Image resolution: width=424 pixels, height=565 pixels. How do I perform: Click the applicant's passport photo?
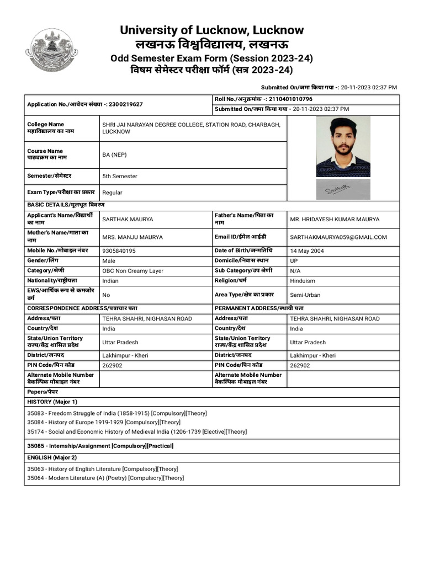click(x=343, y=147)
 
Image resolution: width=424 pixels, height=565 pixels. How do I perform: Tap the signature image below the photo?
click(x=343, y=189)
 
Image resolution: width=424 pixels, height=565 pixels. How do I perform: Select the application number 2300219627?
click(x=126, y=104)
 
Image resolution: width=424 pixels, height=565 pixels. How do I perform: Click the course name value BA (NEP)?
click(x=114, y=155)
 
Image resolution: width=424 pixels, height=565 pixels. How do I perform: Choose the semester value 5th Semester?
click(x=120, y=177)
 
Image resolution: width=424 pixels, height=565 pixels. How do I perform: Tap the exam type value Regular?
click(x=113, y=193)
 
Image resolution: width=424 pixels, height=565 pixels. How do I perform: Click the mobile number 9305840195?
click(x=119, y=250)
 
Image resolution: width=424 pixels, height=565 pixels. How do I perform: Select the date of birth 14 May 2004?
click(x=307, y=250)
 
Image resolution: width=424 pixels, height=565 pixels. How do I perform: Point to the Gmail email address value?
click(x=338, y=237)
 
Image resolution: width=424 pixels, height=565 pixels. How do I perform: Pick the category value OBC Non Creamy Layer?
click(x=132, y=271)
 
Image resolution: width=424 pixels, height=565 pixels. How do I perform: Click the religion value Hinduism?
click(x=303, y=281)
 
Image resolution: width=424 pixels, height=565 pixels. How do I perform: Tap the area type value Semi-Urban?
click(x=305, y=295)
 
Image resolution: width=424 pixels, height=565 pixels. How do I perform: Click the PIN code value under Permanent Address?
click(x=300, y=365)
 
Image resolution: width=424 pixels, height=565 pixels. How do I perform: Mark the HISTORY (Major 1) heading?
click(x=52, y=402)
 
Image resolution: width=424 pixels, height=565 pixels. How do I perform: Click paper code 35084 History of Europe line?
click(x=104, y=422)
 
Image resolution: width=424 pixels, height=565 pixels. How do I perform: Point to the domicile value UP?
click(x=294, y=261)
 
